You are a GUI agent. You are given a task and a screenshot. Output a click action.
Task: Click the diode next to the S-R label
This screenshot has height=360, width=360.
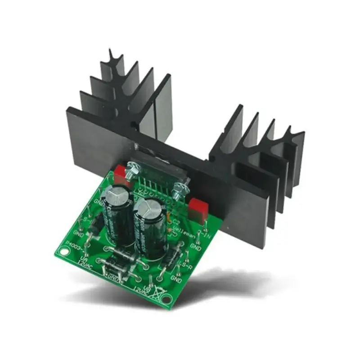pos(171,259)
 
